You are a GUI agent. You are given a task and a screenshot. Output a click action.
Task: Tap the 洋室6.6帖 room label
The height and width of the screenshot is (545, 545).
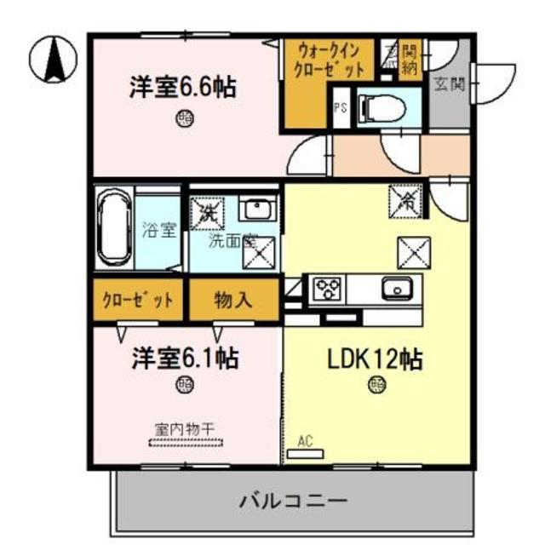pos(183,88)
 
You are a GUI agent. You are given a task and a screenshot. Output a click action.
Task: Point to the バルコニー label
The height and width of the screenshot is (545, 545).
pos(292,499)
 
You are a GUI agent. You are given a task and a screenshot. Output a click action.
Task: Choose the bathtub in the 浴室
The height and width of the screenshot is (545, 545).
pos(114,229)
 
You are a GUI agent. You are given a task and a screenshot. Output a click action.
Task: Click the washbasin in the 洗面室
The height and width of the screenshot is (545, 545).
pos(255,209)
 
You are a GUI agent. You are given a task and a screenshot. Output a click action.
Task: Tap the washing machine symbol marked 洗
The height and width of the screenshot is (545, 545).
pos(204,213)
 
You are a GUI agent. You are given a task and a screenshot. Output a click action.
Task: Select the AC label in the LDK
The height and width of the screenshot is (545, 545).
pos(305,441)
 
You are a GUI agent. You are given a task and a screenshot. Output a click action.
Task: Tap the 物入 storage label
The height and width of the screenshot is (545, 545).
pos(231,300)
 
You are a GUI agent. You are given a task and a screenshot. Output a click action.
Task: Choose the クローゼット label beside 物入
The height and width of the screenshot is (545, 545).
pos(138,300)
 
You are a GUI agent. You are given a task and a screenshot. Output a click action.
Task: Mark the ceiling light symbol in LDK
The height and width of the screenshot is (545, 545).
pos(376,384)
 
